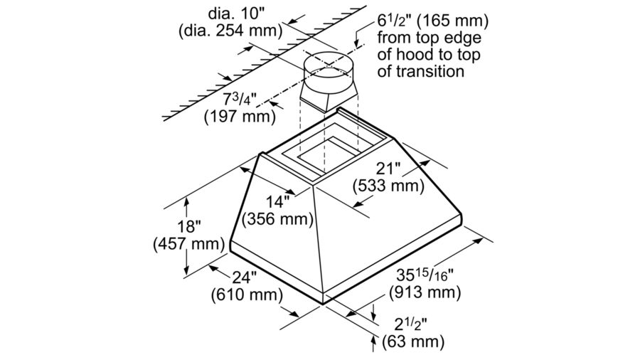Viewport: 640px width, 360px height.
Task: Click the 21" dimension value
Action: coord(388,169)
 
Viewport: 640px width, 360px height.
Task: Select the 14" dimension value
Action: coord(278,201)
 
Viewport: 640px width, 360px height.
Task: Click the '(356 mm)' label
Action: coord(278,219)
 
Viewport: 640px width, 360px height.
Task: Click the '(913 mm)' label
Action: coord(425,292)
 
